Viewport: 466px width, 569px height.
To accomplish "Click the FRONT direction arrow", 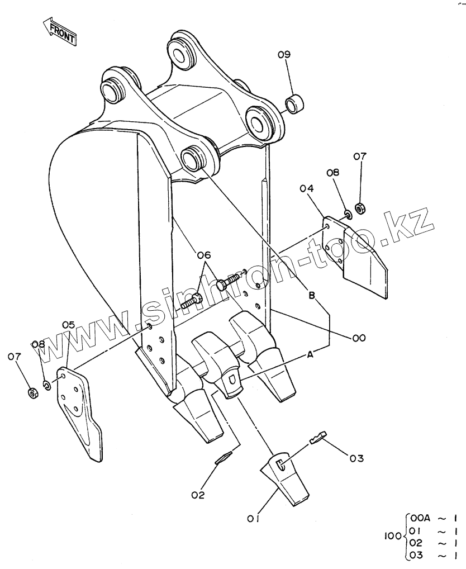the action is [59, 32].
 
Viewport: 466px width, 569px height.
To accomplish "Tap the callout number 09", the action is [284, 55].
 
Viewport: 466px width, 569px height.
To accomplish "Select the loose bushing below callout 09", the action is [295, 103].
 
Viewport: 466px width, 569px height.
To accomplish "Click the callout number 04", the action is [307, 189].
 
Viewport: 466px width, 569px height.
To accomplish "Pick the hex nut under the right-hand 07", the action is [360, 208].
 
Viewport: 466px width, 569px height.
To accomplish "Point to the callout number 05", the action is [68, 324].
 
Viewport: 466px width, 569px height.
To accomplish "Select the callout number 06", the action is [204, 255].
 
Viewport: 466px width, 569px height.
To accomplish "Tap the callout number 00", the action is [359, 338].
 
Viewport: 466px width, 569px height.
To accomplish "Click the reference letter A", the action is [310, 355].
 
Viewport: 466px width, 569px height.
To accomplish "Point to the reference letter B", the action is [312, 296].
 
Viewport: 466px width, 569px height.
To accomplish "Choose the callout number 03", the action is [356, 459].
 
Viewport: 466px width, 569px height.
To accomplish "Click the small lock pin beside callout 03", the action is [318, 437].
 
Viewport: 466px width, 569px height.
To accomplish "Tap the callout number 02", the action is [198, 495].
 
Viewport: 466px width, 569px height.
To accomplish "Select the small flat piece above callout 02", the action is [223, 458].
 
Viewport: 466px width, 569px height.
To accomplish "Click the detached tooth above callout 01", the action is [284, 478].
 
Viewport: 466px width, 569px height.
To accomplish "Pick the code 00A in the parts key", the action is [420, 518].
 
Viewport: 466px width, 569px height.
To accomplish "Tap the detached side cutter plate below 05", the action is [79, 414].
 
